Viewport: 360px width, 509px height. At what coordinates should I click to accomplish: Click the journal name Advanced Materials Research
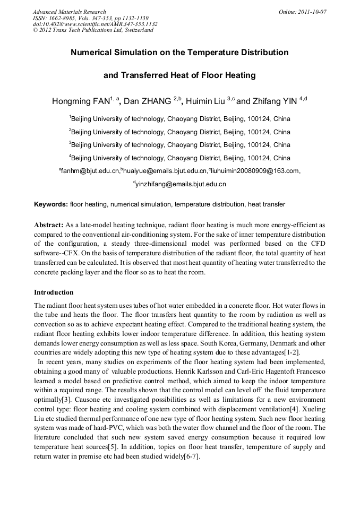pos(69,12)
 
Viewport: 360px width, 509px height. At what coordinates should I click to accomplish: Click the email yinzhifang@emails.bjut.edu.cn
pos(181,184)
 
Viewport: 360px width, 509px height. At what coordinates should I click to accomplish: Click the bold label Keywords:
pos(51,204)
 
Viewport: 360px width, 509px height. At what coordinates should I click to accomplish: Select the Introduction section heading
pos(54,292)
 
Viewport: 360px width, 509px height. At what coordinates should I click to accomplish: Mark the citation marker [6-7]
pos(190,458)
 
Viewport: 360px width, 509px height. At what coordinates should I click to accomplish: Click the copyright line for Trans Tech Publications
pos(93,30)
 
